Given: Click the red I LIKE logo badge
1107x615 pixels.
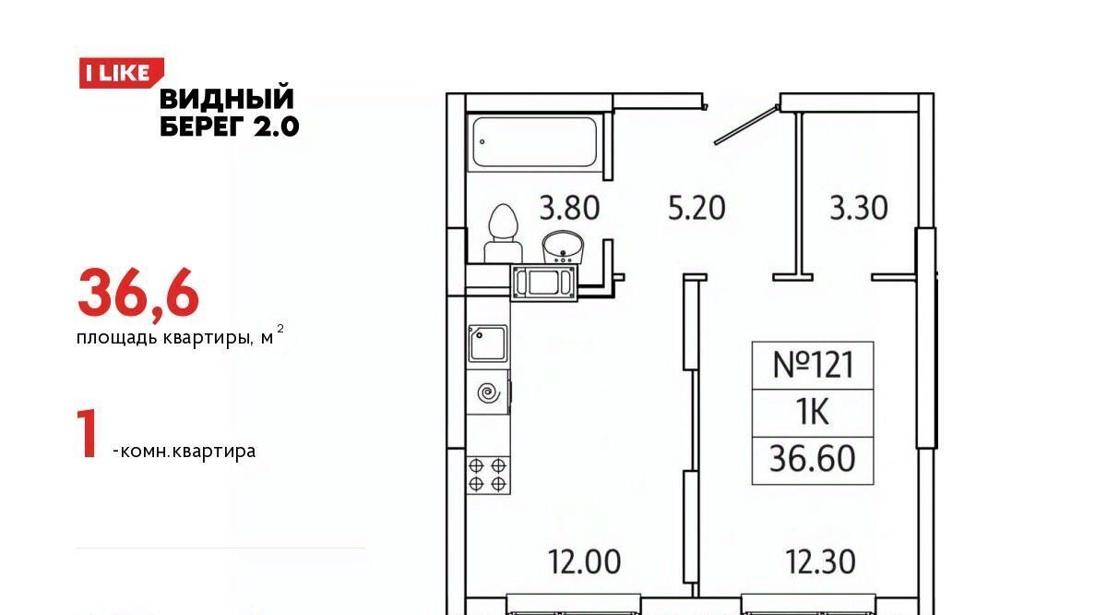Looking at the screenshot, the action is [x=122, y=73].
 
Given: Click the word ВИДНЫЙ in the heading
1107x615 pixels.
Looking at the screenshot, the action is [x=227, y=98].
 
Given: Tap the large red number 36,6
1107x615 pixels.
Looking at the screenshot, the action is [x=138, y=293].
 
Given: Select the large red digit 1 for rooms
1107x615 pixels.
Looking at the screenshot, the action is [x=88, y=433].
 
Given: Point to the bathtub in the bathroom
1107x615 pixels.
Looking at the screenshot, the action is [x=535, y=142].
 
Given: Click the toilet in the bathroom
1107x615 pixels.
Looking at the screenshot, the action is [x=503, y=234].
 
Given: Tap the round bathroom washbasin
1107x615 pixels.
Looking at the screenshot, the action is [x=563, y=247].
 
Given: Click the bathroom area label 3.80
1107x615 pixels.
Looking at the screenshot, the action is [x=569, y=208].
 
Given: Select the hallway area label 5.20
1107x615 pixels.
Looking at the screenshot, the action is [x=696, y=208].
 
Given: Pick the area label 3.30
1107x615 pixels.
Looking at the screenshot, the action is [x=859, y=208].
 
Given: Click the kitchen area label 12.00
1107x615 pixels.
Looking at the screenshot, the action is [x=585, y=562].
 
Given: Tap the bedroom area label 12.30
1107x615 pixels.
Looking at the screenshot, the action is [x=820, y=562].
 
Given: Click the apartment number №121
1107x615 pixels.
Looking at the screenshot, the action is [x=813, y=365].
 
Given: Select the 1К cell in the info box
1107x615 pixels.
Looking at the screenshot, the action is [x=813, y=413].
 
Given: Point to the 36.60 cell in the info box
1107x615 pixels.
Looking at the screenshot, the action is [x=813, y=459].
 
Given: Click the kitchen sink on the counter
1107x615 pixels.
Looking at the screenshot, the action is [x=488, y=344].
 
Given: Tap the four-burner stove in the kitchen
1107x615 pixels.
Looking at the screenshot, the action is [x=488, y=475].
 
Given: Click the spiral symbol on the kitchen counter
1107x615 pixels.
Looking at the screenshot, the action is [x=488, y=393].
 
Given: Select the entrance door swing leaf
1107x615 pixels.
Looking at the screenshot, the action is [x=746, y=126].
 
